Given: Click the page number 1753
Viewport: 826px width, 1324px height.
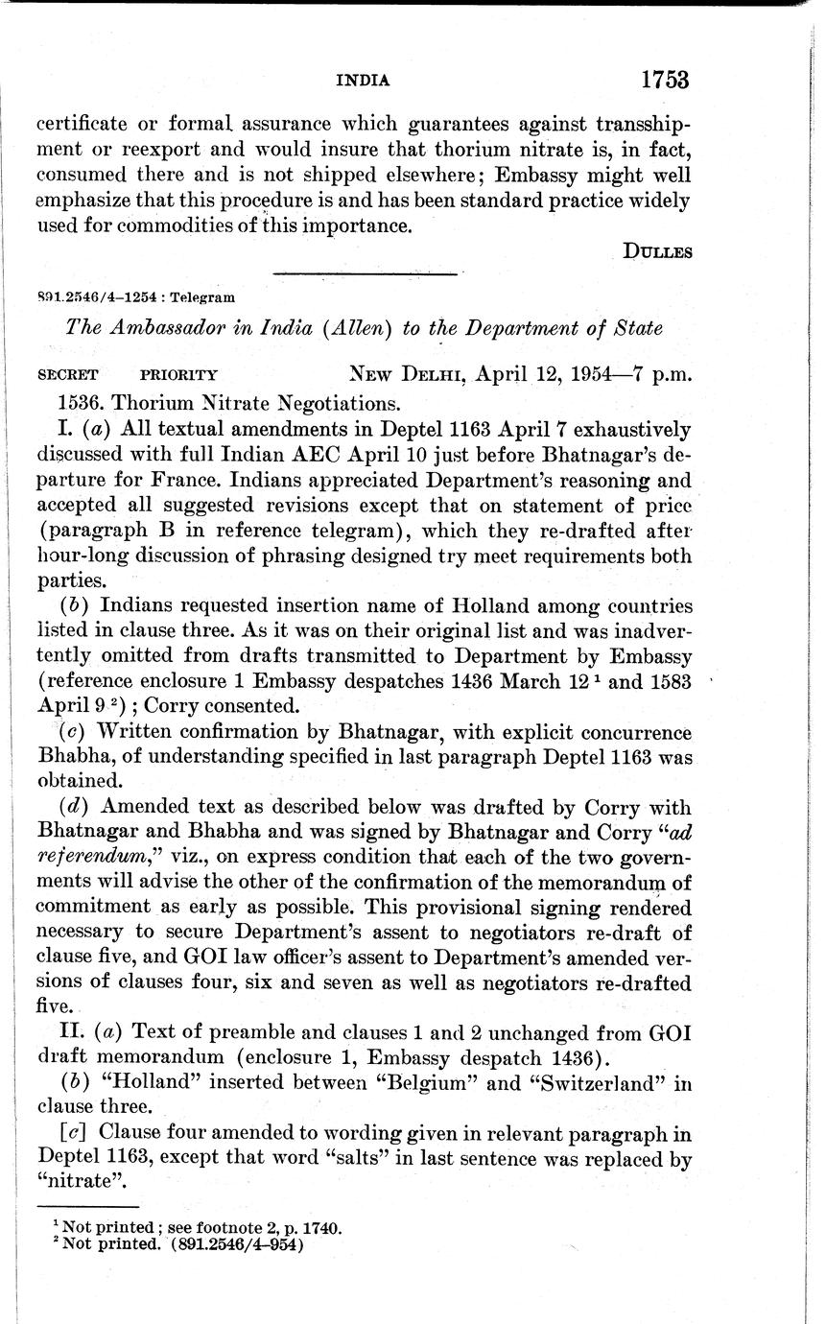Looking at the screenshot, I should point(665,80).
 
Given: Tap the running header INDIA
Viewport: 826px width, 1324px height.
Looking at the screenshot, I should point(363,82).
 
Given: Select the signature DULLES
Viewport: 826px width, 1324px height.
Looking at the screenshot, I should point(657,252).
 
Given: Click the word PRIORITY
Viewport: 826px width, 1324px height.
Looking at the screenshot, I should point(179,375).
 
